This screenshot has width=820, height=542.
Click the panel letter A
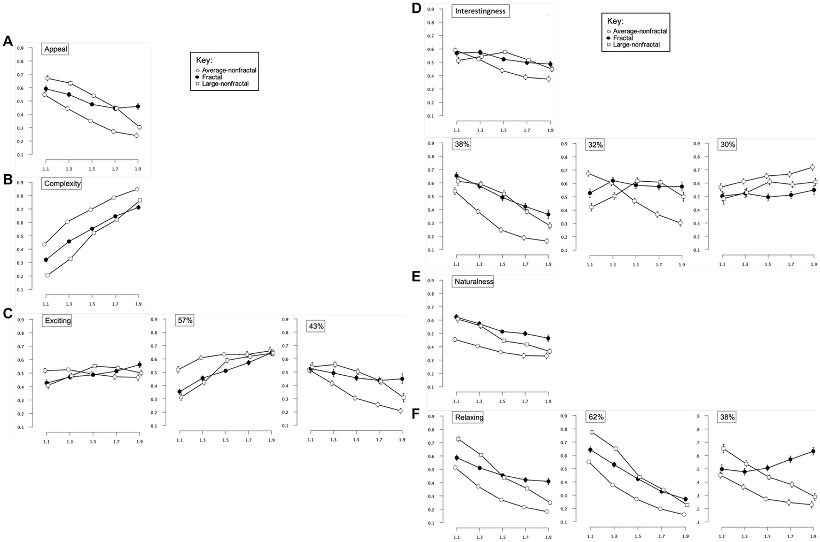coord(7,42)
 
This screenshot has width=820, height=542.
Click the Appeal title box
coord(56,49)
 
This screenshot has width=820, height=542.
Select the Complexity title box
coord(63,183)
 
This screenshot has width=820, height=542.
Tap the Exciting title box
coord(57,321)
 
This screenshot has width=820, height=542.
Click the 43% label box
coord(316,326)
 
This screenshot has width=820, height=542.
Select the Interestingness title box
coord(480,11)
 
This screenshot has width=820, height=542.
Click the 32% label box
coord(595,145)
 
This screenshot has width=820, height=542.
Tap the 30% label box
coord(728,144)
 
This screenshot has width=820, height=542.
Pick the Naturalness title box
coord(473,281)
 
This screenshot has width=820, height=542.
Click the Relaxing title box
coord(468,417)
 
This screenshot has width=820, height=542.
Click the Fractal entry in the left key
coord(212,77)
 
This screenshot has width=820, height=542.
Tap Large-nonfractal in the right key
coord(636,45)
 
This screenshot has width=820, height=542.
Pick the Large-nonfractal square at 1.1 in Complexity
coord(48,275)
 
